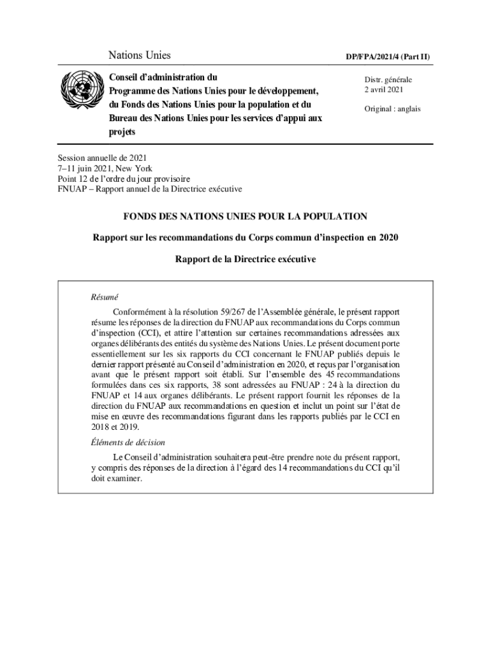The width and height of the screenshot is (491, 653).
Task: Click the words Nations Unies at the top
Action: point(139,56)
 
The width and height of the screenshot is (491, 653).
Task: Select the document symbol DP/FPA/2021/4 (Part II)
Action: point(388,57)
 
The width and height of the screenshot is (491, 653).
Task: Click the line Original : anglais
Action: point(392,109)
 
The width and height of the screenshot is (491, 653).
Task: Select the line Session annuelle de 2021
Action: point(102,158)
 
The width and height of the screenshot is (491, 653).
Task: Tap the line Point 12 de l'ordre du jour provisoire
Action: point(124,179)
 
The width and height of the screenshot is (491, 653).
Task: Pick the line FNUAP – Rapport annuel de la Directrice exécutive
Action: point(150,189)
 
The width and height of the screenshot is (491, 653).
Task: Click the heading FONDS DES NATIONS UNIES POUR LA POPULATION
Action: point(246,217)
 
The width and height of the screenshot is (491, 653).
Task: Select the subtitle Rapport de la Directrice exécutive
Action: point(246,260)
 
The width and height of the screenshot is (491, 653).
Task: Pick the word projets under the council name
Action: point(122,132)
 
